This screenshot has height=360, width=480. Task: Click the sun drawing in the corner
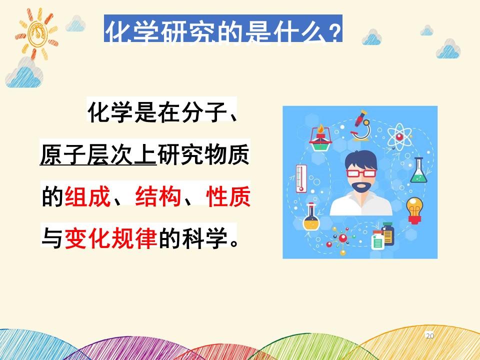36,33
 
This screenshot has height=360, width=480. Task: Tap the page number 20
430,336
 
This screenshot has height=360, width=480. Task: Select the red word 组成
87,196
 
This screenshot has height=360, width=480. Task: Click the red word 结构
158,196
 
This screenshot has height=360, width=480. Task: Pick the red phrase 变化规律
111,238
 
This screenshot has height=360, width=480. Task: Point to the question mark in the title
335,32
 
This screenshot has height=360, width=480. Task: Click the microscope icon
361,125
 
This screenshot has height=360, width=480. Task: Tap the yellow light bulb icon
414,210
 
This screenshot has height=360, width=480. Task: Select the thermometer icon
301,178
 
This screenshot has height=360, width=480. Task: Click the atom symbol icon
399,136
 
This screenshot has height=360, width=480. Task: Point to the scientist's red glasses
361,173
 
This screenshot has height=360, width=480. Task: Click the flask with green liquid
418,170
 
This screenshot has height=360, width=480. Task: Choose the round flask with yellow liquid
311,216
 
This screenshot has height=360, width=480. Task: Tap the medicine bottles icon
382,236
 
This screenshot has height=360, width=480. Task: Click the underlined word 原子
63,155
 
